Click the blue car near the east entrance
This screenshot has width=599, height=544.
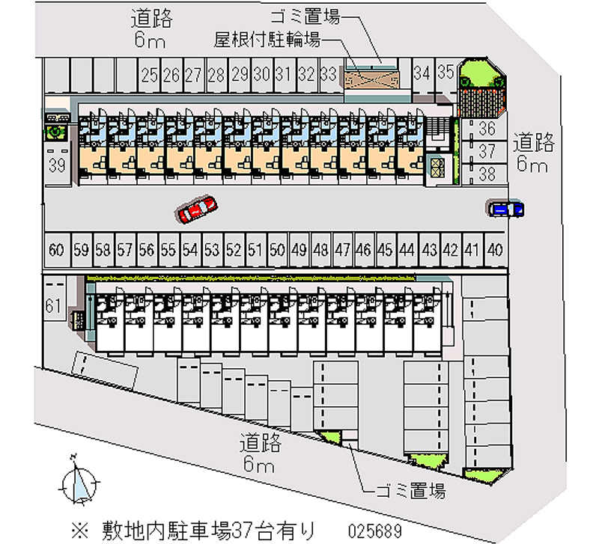pos(506,209)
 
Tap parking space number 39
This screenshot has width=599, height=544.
pos(57,166)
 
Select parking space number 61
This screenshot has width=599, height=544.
pos(52,305)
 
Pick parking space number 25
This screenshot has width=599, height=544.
pos(149,74)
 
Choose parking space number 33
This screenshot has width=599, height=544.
pos(328,74)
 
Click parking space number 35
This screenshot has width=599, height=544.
pos(446,73)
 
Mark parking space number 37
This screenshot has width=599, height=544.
pos(487,152)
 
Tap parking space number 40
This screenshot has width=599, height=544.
pos(493,249)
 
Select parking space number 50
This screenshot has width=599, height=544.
pos(278,249)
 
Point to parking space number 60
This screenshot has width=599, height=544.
pos(55,249)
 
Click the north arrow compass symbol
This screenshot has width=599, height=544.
pos(78,480)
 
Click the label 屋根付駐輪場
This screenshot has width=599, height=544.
pos(268,40)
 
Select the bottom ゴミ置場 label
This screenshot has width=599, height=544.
pos(410,491)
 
